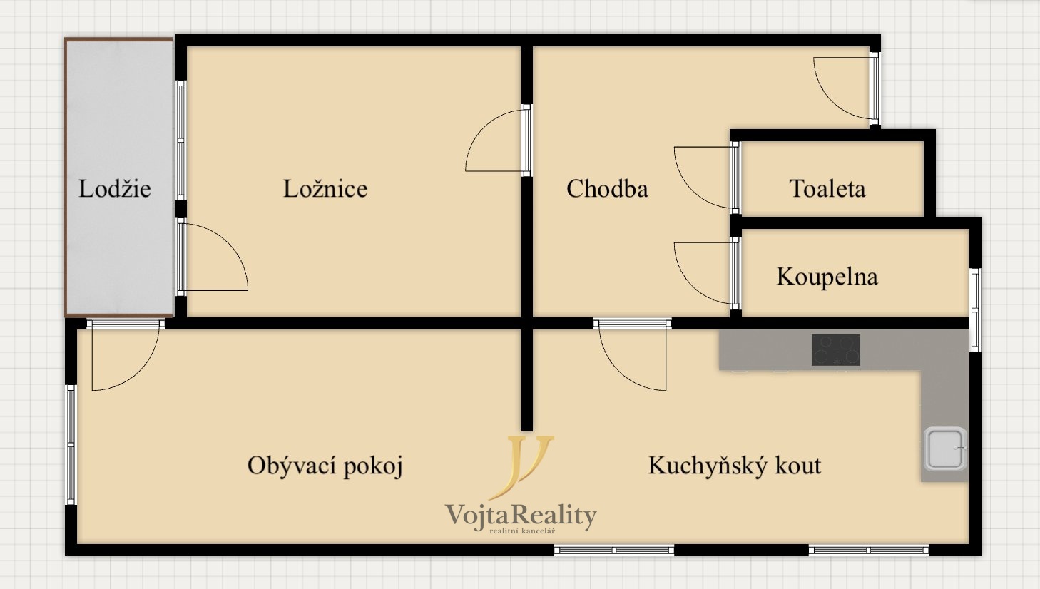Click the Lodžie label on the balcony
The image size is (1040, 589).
pyautogui.click(x=114, y=189)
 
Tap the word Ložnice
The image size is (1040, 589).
pyautogui.click(x=325, y=189)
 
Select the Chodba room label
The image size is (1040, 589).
pyautogui.click(x=607, y=189)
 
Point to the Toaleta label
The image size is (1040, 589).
pyautogui.click(x=827, y=189)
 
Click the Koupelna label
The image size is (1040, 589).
pyautogui.click(x=827, y=277)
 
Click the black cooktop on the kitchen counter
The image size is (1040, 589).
pyautogui.click(x=836, y=350)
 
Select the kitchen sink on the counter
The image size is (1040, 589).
pyautogui.click(x=945, y=449)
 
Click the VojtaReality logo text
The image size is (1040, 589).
pyautogui.click(x=521, y=515)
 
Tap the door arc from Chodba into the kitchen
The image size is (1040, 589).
pyautogui.click(x=631, y=357)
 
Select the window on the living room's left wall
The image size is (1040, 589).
pyautogui.click(x=71, y=445)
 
